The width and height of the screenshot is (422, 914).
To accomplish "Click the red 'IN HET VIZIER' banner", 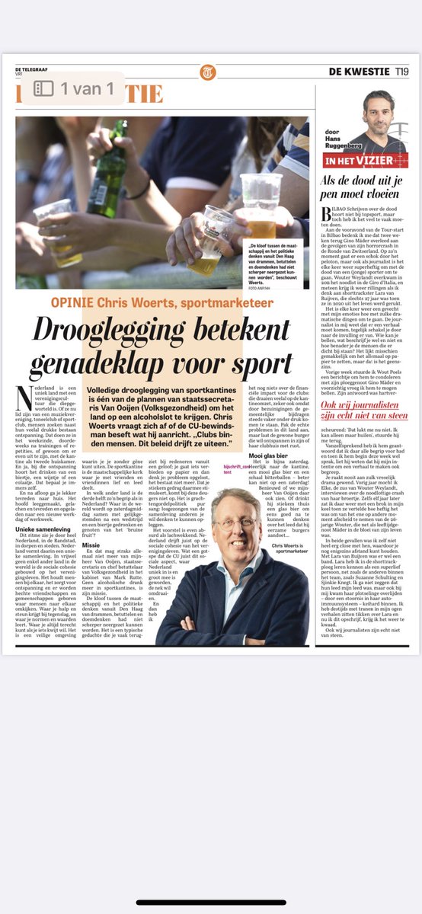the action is [x=366, y=161].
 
